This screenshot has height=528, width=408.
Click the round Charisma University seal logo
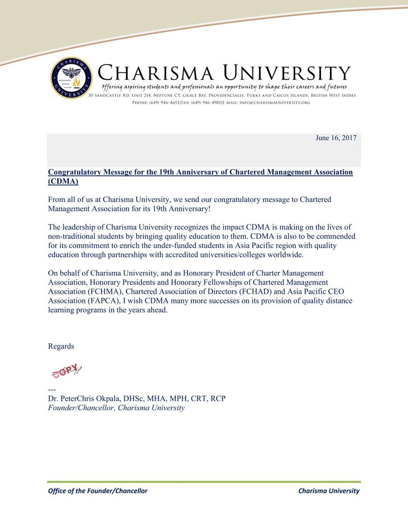click(71, 78)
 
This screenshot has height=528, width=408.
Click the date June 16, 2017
click(336, 138)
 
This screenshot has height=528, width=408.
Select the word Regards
click(61, 346)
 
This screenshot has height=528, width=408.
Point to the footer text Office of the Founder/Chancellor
click(97, 491)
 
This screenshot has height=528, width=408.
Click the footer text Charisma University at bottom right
click(328, 491)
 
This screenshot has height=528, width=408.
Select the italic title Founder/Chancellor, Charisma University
click(116, 408)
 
